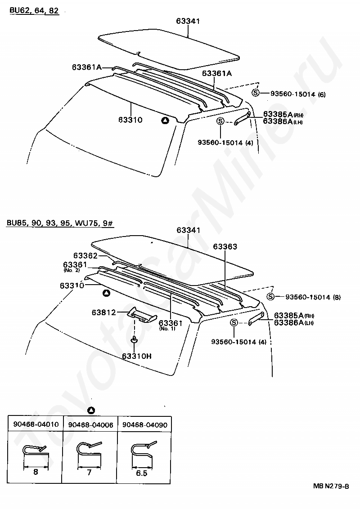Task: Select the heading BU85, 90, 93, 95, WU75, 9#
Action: click(60, 223)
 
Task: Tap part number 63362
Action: click(85, 256)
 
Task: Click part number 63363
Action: click(225, 247)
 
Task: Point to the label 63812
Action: click(104, 313)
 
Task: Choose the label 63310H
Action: click(136, 356)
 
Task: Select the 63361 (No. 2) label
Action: click(75, 265)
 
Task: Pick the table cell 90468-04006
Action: click(90, 424)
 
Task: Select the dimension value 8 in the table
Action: click(36, 472)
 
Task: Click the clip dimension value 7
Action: click(90, 472)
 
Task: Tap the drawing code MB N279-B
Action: click(331, 486)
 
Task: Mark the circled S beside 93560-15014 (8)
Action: click(270, 297)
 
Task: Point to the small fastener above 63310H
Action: click(134, 339)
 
